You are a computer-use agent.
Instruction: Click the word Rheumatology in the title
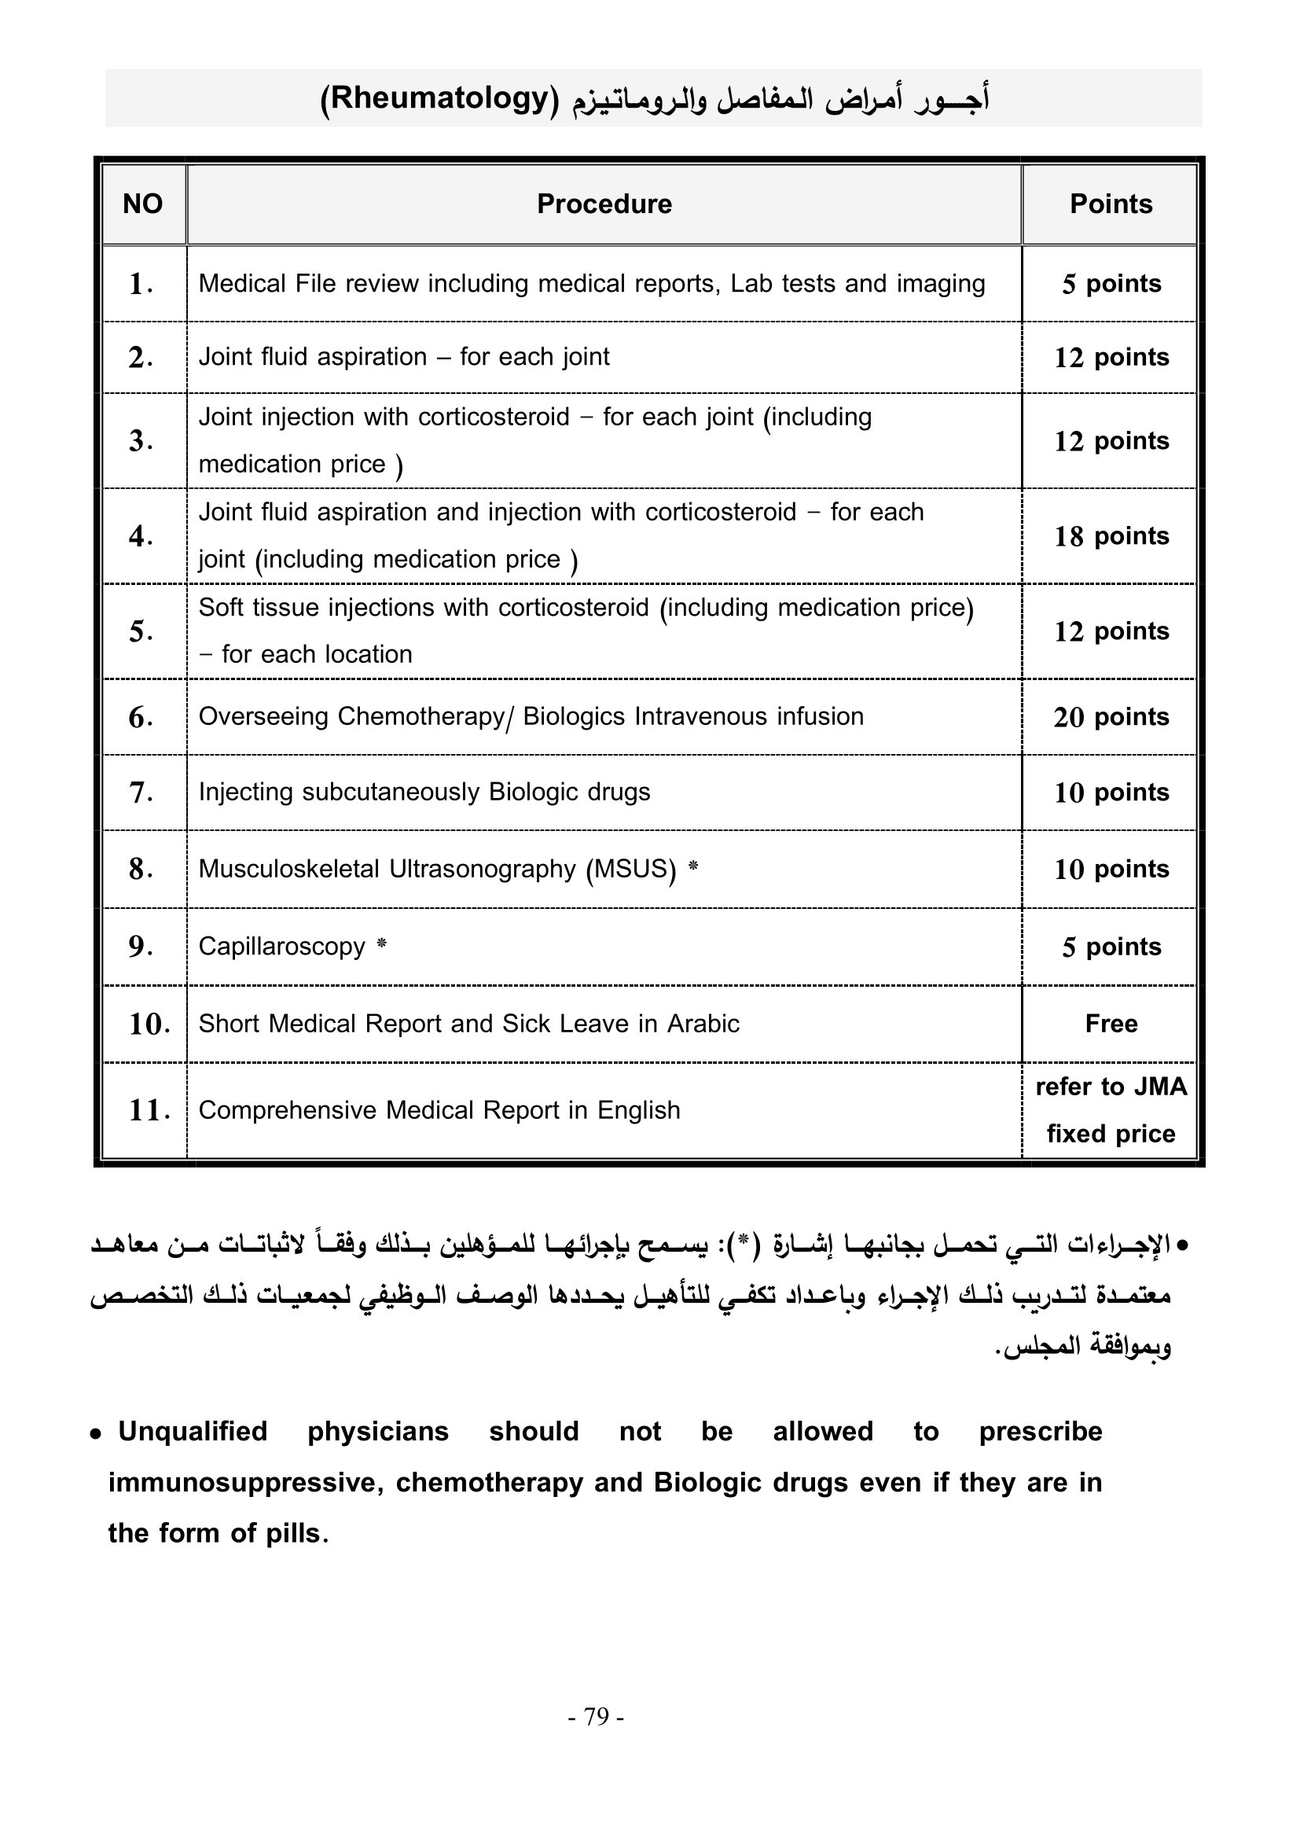tap(439, 98)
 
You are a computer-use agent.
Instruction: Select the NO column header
tap(142, 204)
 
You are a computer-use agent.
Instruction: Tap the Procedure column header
tap(604, 204)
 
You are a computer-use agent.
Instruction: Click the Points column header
tap(1111, 204)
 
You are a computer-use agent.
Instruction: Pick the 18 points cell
tap(1111, 536)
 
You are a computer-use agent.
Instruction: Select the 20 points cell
tap(1111, 717)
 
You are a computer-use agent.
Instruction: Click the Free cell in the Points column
tap(1111, 1024)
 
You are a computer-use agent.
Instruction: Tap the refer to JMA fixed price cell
tap(1111, 1110)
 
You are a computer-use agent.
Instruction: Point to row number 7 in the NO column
tap(141, 793)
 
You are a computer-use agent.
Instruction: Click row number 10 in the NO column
tap(149, 1024)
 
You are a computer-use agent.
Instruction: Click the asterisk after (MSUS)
tap(693, 866)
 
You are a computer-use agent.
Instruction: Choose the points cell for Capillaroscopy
tap(1111, 947)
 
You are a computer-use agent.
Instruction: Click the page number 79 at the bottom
tap(597, 1716)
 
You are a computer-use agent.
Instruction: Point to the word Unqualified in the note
tap(193, 1431)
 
